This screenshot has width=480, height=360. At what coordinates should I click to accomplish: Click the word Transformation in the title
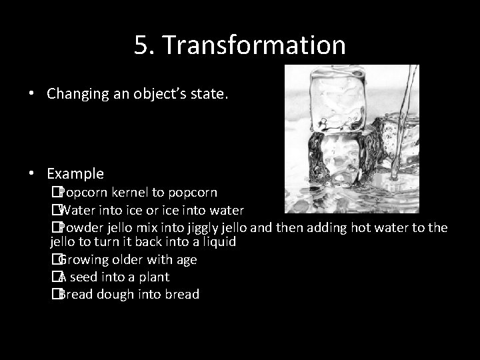pyautogui.click(x=254, y=45)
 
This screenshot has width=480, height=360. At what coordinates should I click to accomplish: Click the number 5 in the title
pyautogui.click(x=141, y=45)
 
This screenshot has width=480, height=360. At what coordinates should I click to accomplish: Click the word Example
pyautogui.click(x=75, y=174)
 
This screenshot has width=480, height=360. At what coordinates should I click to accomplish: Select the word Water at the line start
pyautogui.click(x=77, y=211)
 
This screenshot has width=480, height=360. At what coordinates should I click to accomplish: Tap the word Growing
pyautogui.click(x=84, y=260)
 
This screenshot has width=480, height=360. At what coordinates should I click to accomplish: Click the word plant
pyautogui.click(x=153, y=277)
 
